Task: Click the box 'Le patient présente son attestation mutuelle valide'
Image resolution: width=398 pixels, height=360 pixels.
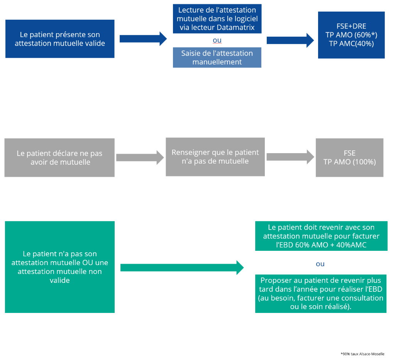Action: point(60,39)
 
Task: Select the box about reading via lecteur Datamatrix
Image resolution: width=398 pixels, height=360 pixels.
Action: point(217,19)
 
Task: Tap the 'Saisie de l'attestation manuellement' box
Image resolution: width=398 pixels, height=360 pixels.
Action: point(217,57)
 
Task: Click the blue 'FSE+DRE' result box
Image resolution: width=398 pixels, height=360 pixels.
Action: point(351,35)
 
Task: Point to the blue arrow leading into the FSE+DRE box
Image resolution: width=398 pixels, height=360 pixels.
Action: point(290,41)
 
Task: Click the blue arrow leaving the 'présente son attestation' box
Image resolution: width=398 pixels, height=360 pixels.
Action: point(143,39)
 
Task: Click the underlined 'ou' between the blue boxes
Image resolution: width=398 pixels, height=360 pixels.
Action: point(217,41)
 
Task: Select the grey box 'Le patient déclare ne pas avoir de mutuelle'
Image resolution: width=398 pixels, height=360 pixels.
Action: point(60,157)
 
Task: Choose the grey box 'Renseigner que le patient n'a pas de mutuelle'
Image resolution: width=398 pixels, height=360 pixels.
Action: point(215,157)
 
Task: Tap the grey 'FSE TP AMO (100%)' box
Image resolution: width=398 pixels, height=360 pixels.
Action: point(349,157)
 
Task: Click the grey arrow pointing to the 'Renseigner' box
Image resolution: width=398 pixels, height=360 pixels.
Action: point(140,157)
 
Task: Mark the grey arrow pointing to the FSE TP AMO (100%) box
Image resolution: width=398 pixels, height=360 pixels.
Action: point(290,157)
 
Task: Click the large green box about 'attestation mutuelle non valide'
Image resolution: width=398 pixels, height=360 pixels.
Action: point(60,267)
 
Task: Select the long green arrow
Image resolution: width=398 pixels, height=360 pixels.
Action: point(182,267)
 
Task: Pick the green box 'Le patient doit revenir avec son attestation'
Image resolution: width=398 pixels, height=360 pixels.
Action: point(321,236)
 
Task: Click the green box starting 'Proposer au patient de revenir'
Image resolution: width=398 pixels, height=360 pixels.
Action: point(321,294)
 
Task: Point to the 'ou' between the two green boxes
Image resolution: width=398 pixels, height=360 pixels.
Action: point(320,264)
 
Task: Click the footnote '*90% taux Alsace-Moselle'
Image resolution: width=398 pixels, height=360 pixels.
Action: point(362,354)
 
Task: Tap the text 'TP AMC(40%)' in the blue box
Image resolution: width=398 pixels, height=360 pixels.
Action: point(351,44)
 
